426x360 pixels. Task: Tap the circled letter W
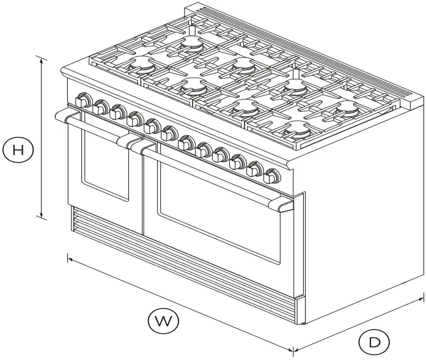[x=160, y=321]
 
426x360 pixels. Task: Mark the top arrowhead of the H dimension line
[x=42, y=59]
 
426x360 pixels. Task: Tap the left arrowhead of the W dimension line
[x=70, y=259]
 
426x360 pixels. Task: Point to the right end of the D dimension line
[x=422, y=299]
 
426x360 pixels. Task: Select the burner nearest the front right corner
[x=296, y=128]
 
